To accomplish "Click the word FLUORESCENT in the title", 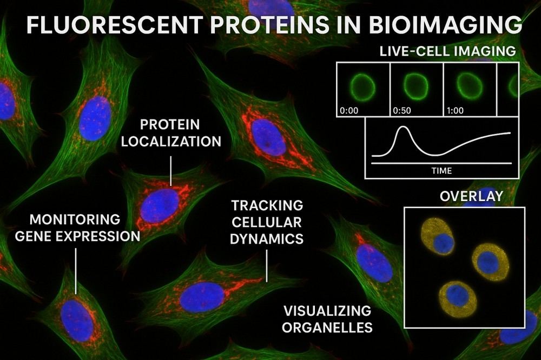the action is click(114, 25).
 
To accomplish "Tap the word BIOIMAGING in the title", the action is click(445, 25).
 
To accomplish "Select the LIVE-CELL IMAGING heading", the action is click(447, 51).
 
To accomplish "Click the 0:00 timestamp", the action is click(349, 111).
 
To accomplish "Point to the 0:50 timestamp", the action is click(402, 111).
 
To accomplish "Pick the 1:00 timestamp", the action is click(455, 111).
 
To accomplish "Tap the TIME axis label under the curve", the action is click(441, 170).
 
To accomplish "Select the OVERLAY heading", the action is click(471, 196).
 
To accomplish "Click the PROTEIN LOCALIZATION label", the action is click(171, 133).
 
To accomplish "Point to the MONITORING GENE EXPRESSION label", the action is click(77, 228).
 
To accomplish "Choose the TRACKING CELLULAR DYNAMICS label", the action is click(267, 222).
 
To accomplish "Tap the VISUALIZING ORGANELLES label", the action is click(327, 318).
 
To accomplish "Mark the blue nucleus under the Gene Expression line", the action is click(77, 321).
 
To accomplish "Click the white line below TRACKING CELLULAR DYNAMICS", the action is click(267, 266).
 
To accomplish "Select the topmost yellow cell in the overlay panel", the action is click(438, 237).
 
